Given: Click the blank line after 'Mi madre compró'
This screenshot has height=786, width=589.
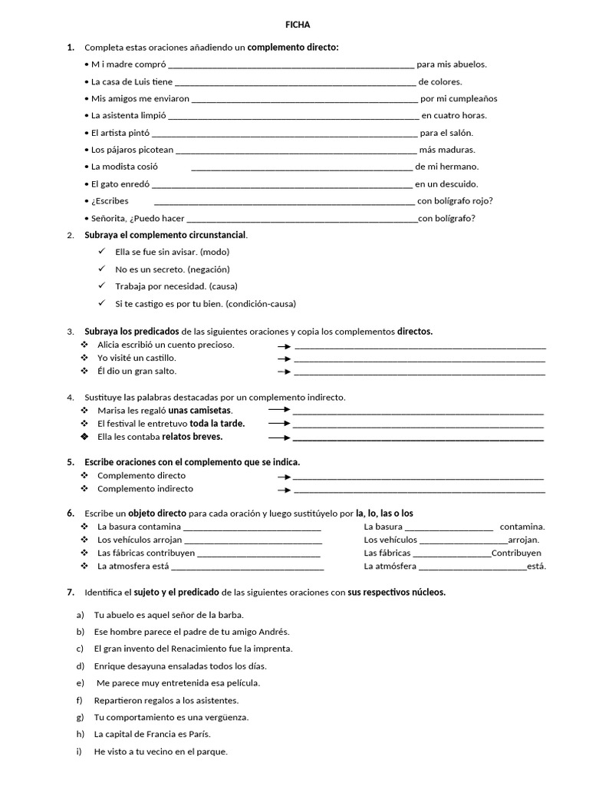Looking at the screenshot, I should pyautogui.click(x=291, y=66).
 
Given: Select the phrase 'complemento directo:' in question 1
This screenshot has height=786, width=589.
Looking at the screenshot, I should pyautogui.click(x=293, y=48).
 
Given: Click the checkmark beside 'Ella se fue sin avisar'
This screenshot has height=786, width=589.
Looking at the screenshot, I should pyautogui.click(x=102, y=252).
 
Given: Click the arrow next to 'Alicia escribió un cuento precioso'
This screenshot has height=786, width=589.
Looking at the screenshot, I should pyautogui.click(x=284, y=345).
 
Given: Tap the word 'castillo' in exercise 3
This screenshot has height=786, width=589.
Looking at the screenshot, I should pyautogui.click(x=159, y=358).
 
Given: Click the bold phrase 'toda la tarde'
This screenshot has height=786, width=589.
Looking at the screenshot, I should pyautogui.click(x=217, y=424).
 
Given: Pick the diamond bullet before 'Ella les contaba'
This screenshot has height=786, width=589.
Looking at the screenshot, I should pyautogui.click(x=84, y=437).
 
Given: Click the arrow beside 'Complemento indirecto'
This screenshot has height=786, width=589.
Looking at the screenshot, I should pyautogui.click(x=284, y=490).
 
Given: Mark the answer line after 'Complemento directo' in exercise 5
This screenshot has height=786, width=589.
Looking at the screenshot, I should pyautogui.click(x=419, y=477).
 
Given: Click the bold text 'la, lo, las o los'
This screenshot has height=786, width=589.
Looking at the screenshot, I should pyautogui.click(x=384, y=513).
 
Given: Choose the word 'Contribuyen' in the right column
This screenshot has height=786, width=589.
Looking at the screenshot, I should pyautogui.click(x=516, y=553).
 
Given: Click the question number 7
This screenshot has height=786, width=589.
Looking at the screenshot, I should pyautogui.click(x=71, y=593).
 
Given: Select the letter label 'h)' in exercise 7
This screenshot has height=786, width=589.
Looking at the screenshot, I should pyautogui.click(x=80, y=735).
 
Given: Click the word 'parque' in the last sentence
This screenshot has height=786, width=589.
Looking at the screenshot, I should pyautogui.click(x=212, y=751).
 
